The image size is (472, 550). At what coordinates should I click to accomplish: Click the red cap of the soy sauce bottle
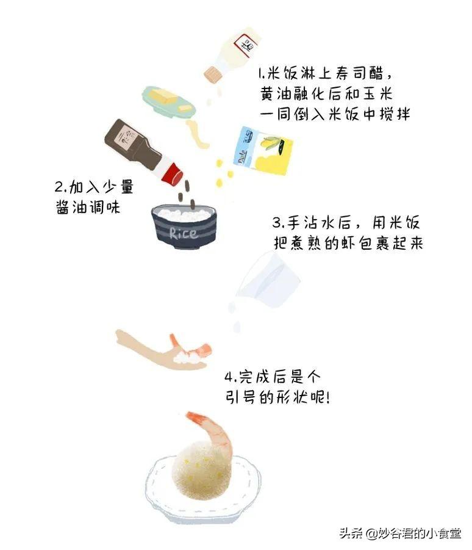(x=173, y=173)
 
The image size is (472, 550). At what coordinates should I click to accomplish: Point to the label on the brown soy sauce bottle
(x=123, y=138)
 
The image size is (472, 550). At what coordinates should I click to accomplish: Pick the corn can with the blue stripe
(x=263, y=151)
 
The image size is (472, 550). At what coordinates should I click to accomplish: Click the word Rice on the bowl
(x=184, y=233)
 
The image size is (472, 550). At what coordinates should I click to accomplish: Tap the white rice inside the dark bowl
(x=184, y=214)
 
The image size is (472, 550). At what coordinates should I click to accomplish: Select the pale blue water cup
(x=269, y=280)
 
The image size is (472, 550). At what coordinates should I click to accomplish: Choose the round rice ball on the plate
(x=201, y=469)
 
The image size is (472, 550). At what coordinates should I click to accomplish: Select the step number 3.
(x=276, y=223)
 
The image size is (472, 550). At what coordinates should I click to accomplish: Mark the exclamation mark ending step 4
(x=327, y=397)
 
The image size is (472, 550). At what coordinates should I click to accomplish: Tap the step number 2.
(x=59, y=187)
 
